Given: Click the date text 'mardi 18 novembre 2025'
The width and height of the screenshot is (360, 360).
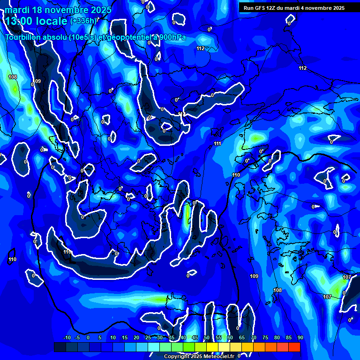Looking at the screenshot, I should click(x=58, y=10).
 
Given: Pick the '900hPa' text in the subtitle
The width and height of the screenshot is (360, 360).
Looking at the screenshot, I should click(x=172, y=37).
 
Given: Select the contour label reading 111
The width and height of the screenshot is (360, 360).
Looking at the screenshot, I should click(x=217, y=143).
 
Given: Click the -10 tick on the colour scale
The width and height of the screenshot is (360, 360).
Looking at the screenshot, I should click(x=67, y=338).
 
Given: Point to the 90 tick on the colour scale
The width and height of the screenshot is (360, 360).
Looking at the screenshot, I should click(x=300, y=338).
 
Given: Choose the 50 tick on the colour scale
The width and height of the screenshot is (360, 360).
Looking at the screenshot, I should click(x=207, y=338).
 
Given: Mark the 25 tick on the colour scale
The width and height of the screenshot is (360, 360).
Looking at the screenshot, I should click(x=148, y=338).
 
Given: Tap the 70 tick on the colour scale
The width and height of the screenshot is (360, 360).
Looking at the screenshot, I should click(x=254, y=338).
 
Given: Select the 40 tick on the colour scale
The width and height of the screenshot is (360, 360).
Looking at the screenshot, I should click(x=183, y=338).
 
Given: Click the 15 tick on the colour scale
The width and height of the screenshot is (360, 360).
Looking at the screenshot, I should click(x=125, y=338).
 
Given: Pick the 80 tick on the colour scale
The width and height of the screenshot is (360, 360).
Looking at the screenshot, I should click(x=277, y=338).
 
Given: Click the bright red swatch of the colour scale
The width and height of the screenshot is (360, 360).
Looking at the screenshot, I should click(x=294, y=347).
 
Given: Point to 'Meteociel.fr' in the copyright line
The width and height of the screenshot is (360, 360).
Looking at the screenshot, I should click(x=218, y=357).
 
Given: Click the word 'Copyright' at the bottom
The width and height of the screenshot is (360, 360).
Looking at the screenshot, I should click(x=176, y=357).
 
